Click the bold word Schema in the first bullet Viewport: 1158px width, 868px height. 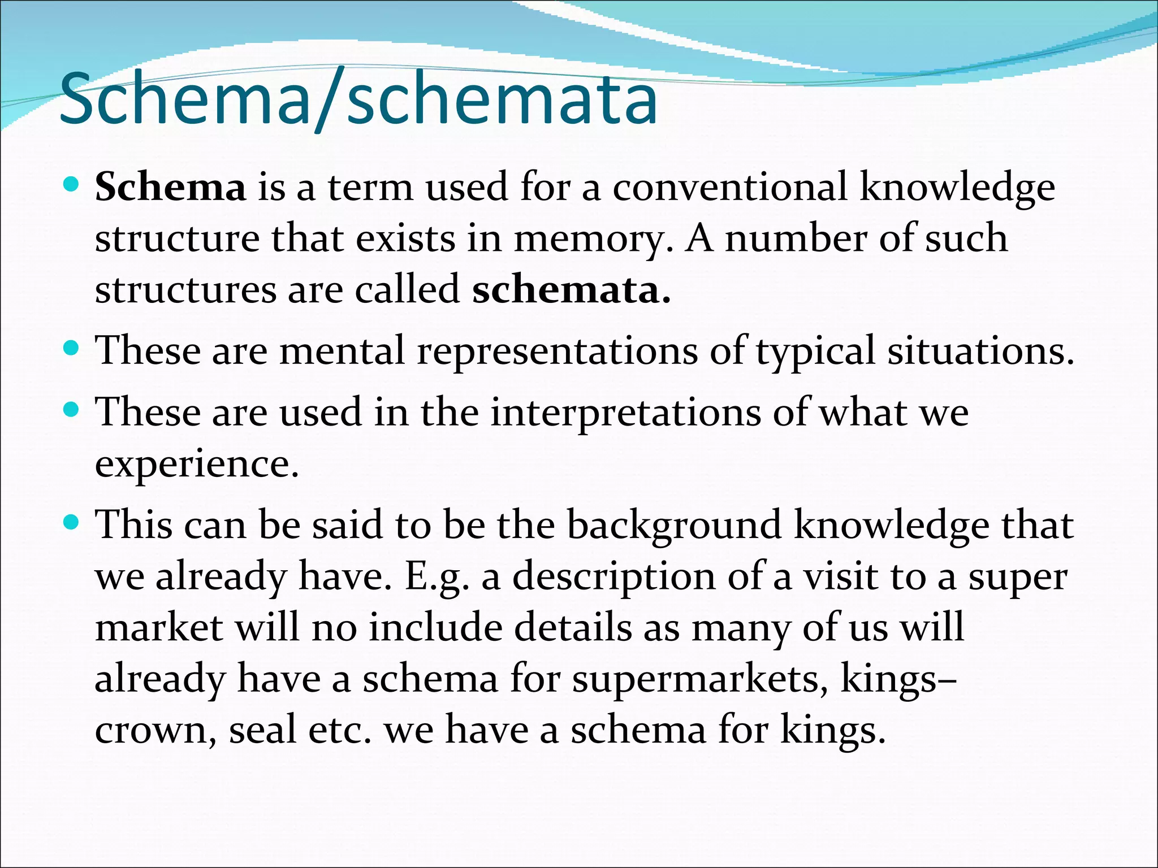pos(170,188)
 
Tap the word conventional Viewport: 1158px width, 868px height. pos(729,187)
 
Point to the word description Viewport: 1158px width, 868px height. pos(614,577)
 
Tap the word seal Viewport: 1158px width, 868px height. pos(262,730)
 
